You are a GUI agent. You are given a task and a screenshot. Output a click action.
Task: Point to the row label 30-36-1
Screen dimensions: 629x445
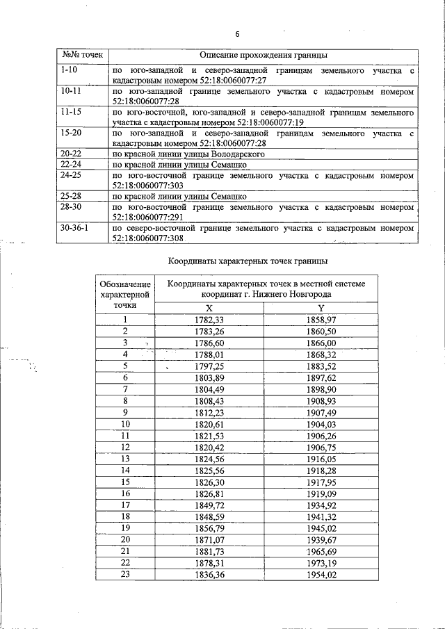click(76, 227)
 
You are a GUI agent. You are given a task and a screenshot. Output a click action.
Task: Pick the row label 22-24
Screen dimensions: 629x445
click(72, 165)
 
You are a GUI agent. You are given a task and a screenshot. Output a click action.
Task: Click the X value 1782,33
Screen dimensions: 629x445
click(209, 320)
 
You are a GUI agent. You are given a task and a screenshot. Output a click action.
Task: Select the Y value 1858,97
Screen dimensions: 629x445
click(321, 320)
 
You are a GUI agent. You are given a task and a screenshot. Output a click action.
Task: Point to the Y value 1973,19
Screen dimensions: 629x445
click(321, 562)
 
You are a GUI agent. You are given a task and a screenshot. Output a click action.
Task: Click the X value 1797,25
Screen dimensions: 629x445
click(209, 366)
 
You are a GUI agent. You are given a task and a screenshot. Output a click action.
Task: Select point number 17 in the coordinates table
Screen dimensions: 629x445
click(126, 505)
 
